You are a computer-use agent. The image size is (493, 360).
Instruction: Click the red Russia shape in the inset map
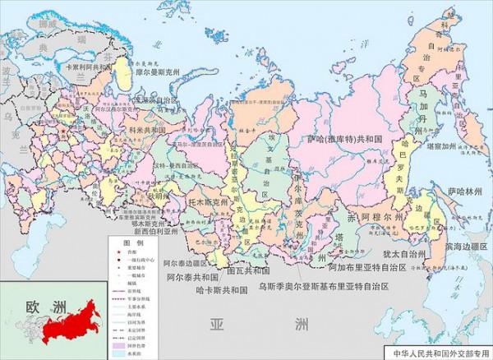pos(62,325)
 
